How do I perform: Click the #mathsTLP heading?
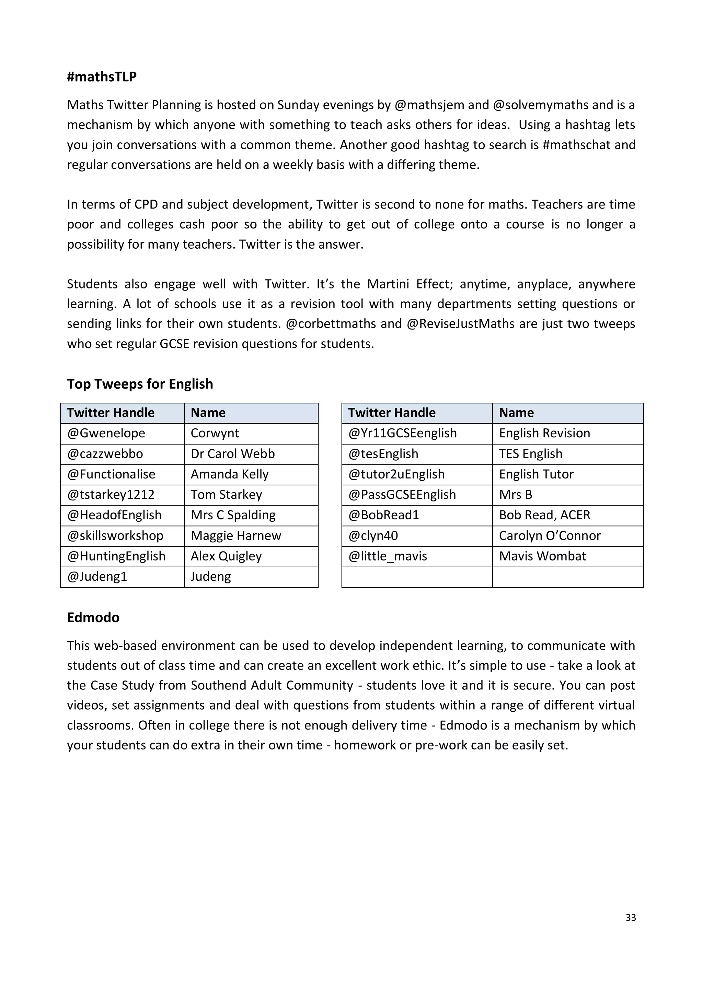[102, 76]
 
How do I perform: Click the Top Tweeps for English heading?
[140, 384]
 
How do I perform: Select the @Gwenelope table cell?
[106, 433]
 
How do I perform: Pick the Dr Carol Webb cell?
[233, 454]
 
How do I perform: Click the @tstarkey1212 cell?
[111, 494]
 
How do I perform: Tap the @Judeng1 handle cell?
[97, 576]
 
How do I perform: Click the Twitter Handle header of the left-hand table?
[111, 413]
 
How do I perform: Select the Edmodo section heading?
[93, 617]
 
